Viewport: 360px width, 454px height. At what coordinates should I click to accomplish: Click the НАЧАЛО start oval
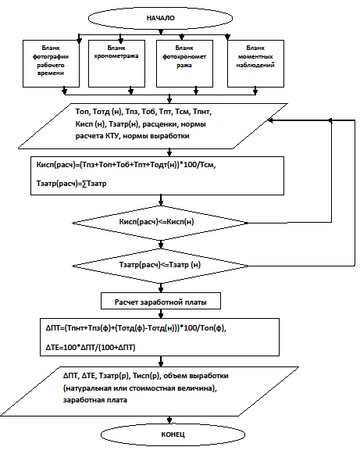pyautogui.click(x=160, y=18)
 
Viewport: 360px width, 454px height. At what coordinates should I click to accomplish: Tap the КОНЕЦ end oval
pyautogui.click(x=173, y=434)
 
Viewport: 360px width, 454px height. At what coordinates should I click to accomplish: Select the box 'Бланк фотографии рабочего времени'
pyautogui.click(x=51, y=63)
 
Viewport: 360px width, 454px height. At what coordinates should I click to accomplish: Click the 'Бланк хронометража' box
pyautogui.click(x=116, y=63)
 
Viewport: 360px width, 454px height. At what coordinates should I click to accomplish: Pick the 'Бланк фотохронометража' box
pyautogui.click(x=184, y=63)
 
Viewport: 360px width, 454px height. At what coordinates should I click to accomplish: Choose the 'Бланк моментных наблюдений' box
pyautogui.click(x=255, y=63)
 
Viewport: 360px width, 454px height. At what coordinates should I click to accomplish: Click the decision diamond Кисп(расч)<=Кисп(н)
pyautogui.click(x=160, y=223)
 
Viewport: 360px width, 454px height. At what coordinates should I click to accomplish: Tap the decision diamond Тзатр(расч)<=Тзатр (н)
pyautogui.click(x=160, y=266)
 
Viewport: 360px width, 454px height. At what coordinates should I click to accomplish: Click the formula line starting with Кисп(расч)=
pyautogui.click(x=127, y=165)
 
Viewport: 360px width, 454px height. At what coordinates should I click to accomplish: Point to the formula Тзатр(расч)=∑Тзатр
pyautogui.click(x=72, y=184)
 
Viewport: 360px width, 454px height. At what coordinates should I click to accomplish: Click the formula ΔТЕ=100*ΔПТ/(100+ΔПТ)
pyautogui.click(x=91, y=347)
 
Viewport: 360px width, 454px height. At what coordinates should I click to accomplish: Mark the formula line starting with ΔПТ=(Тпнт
pyautogui.click(x=136, y=329)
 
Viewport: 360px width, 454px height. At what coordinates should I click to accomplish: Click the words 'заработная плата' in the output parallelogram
pyautogui.click(x=95, y=400)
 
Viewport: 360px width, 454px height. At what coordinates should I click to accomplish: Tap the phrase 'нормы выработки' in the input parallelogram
pyautogui.click(x=156, y=136)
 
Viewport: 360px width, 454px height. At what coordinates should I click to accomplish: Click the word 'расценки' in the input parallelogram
pyautogui.click(x=160, y=124)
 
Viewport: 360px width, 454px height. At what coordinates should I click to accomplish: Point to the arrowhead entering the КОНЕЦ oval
pyautogui.click(x=169, y=420)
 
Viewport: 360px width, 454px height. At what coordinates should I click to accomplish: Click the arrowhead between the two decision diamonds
pyautogui.click(x=161, y=245)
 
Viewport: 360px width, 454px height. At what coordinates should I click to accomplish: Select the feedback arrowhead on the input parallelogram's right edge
pyautogui.click(x=270, y=120)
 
